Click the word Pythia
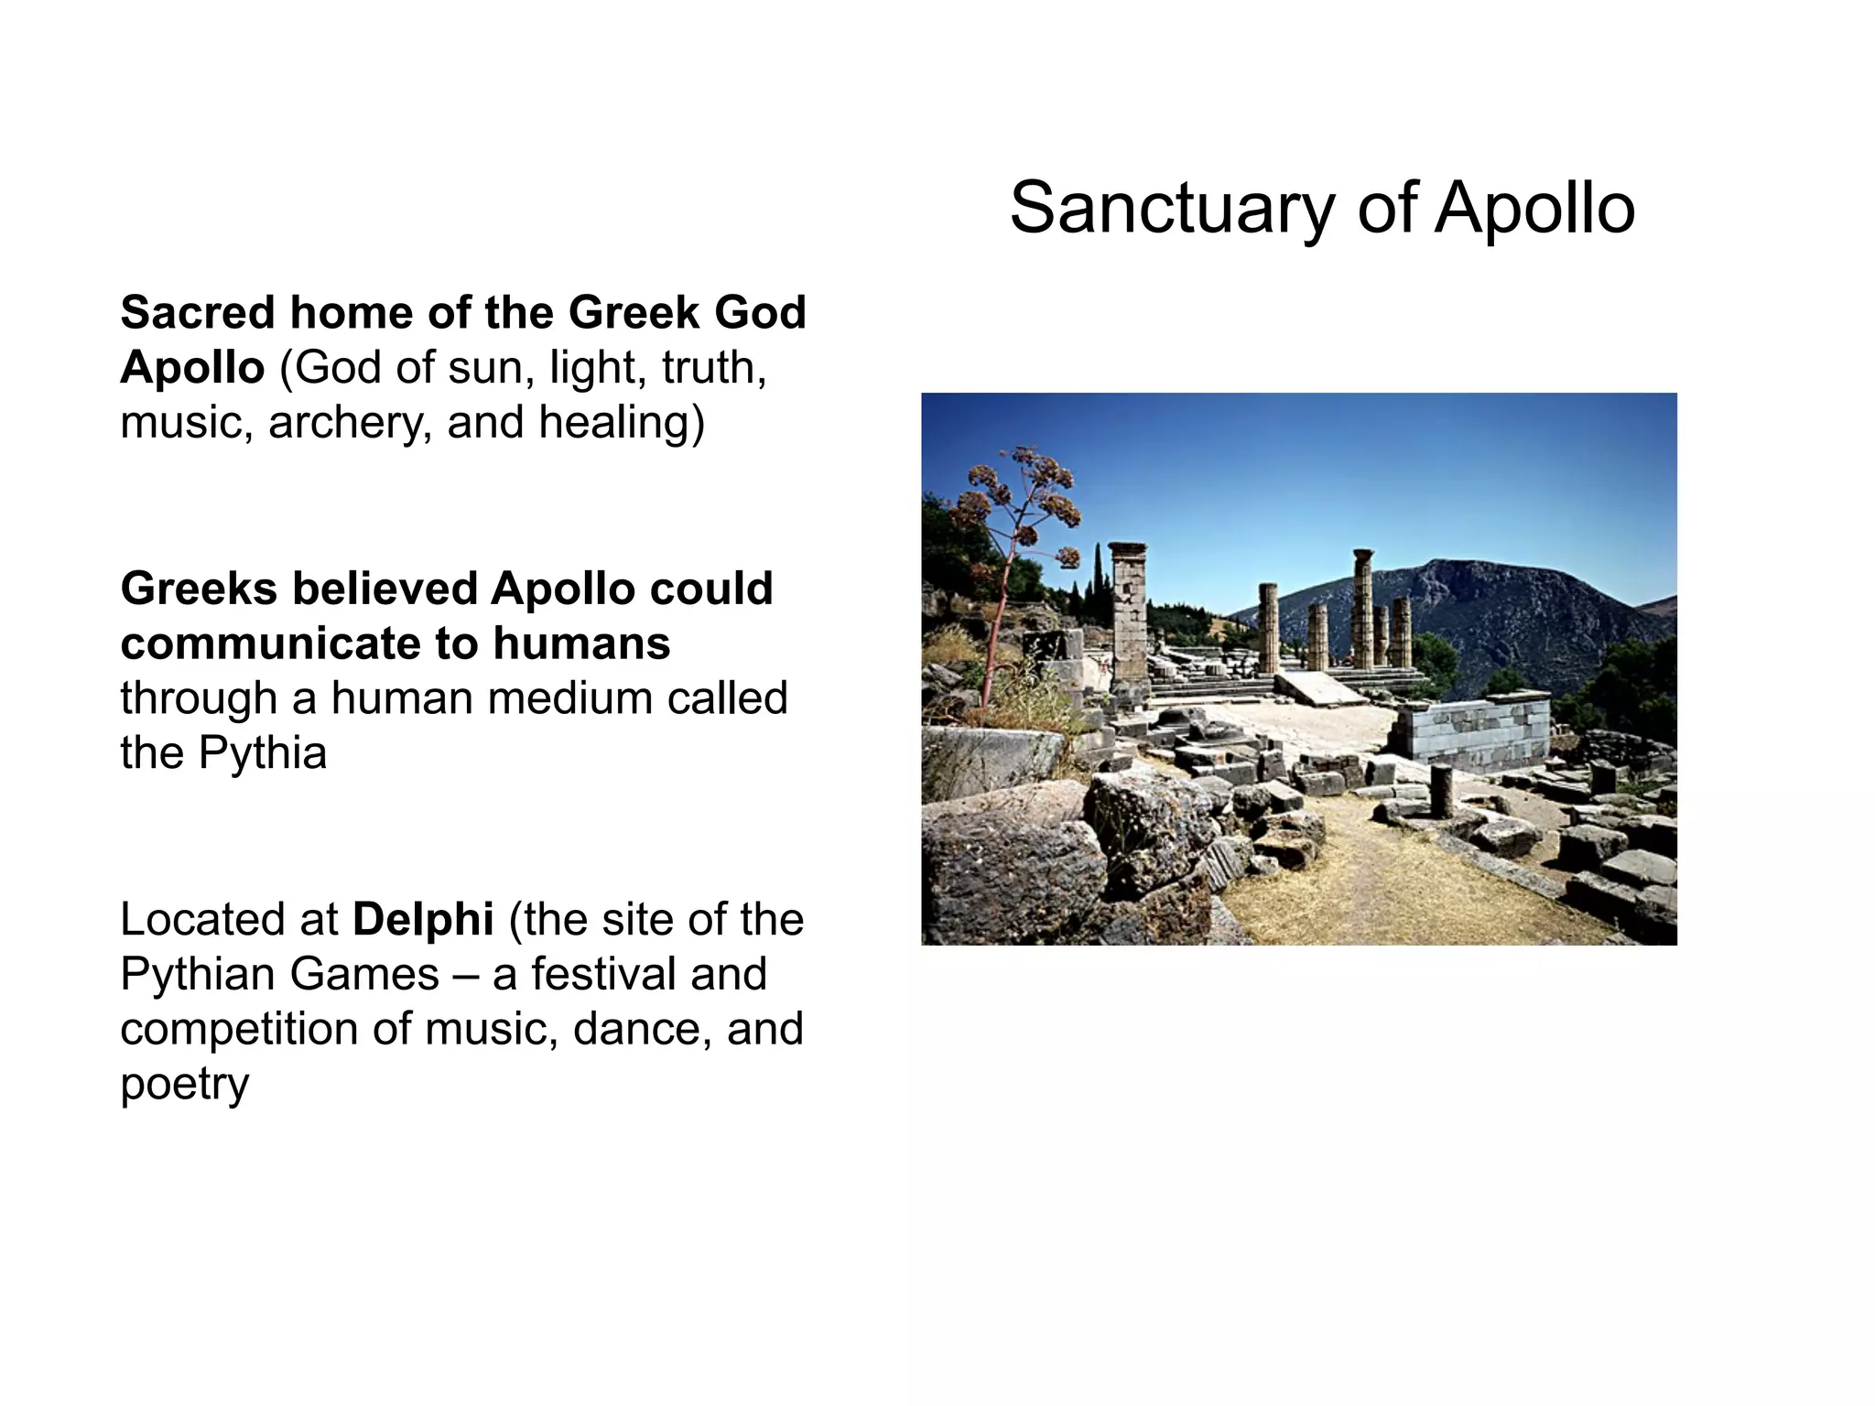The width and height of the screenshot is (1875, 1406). coord(262,753)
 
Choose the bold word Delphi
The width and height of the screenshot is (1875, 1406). coord(423,919)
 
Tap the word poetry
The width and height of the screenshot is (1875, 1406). coord(184,1085)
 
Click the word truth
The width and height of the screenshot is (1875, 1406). coord(713,368)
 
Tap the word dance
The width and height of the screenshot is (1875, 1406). coord(642,1029)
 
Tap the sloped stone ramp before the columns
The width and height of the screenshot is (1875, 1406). coord(1318,688)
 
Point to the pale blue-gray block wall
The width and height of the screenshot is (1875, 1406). coord(1474,728)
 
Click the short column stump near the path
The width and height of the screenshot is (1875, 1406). coord(1440,789)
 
